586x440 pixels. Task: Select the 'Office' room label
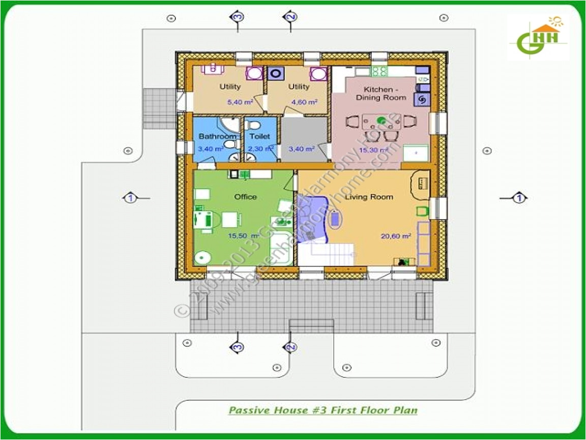click(x=245, y=197)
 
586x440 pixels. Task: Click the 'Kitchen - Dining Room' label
click(x=381, y=93)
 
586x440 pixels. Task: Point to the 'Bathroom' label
click(x=217, y=136)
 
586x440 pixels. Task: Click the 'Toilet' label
click(x=259, y=136)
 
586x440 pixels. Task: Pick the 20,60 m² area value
click(x=396, y=236)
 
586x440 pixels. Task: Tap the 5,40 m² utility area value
click(x=240, y=102)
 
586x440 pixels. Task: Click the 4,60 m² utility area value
click(x=304, y=102)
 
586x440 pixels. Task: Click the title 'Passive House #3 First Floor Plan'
click(x=323, y=410)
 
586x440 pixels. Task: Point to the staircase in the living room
click(x=326, y=253)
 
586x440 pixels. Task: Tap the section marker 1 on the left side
click(x=130, y=198)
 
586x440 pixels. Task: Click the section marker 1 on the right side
click(x=519, y=198)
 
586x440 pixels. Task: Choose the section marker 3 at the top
click(x=238, y=17)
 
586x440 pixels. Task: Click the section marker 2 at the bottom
click(x=290, y=347)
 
